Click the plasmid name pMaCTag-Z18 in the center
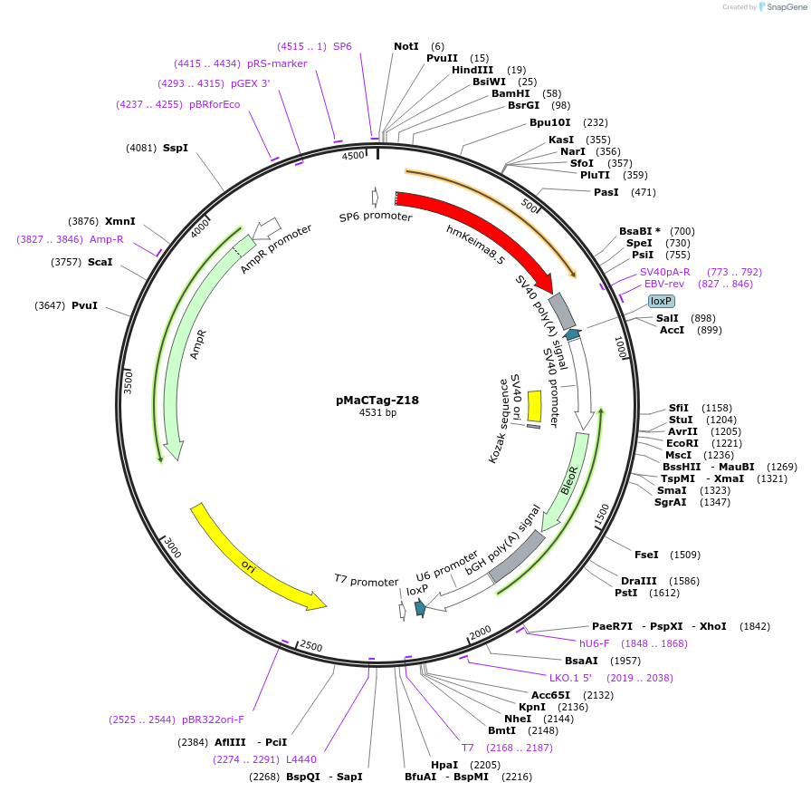point(377,400)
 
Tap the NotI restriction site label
point(406,46)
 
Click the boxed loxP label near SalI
point(662,301)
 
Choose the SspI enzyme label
point(176,148)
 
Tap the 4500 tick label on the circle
point(353,156)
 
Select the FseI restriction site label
point(646,555)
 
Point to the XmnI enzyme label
point(119,221)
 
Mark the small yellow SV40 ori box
point(534,405)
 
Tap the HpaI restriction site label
point(444,765)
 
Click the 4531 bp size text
point(377,413)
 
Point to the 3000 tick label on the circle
point(173,549)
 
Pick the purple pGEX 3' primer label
point(250,83)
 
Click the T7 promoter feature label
point(366,581)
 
